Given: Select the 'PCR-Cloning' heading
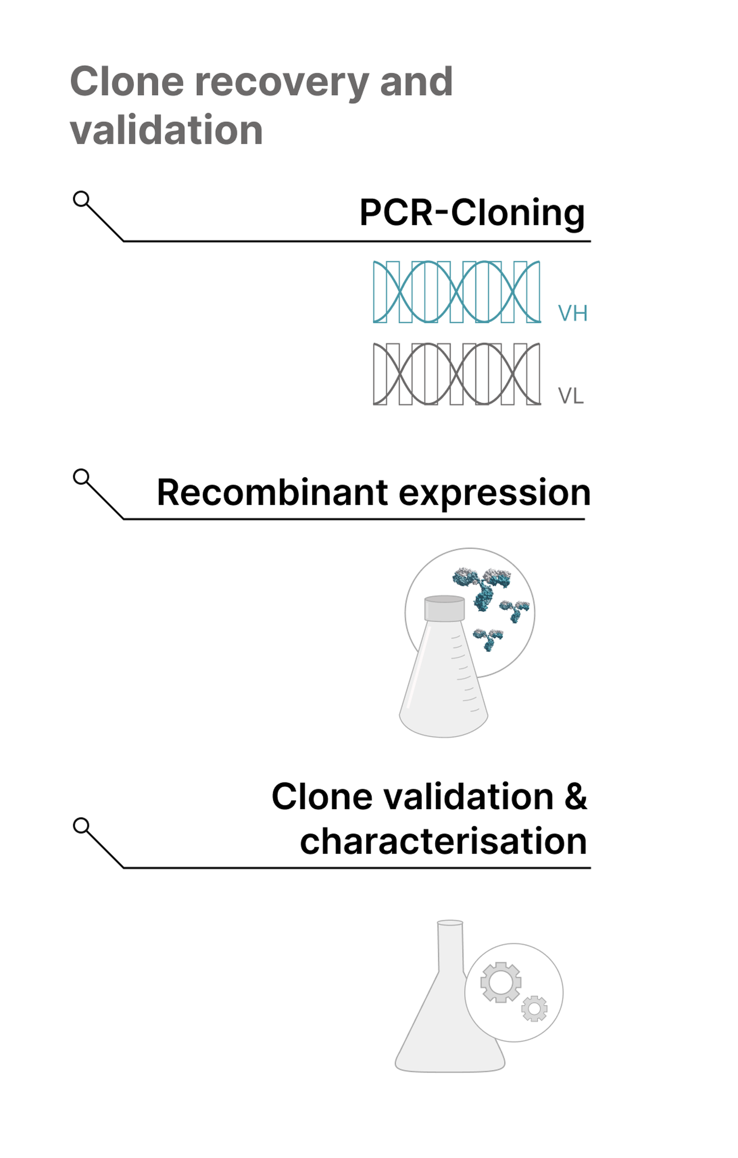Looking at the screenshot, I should [x=472, y=213].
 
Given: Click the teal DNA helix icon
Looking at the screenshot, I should [x=457, y=292].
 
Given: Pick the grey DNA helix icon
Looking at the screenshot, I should [x=457, y=374].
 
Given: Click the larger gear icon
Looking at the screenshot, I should [x=500, y=982].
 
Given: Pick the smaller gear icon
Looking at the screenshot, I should [x=534, y=1009].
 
